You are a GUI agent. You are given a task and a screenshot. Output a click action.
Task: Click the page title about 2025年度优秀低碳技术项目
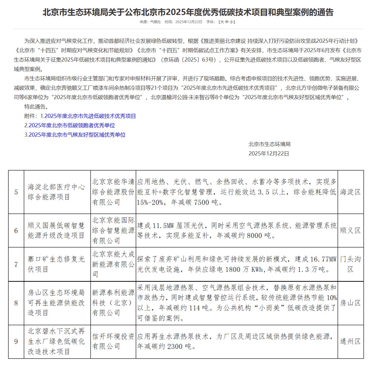(x=188, y=12)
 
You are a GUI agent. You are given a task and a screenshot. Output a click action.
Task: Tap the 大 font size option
(x=222, y=22)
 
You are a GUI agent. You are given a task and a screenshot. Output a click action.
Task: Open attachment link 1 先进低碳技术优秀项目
(x=90, y=116)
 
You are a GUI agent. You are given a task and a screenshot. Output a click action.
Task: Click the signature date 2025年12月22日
(x=269, y=154)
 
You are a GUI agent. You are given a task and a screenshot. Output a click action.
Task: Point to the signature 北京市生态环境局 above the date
(x=269, y=144)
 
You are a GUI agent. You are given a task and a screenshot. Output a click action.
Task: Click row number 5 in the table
(x=16, y=192)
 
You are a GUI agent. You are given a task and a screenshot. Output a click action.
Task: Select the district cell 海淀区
(x=350, y=192)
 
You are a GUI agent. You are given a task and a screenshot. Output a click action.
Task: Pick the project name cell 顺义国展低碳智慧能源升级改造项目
(x=56, y=231)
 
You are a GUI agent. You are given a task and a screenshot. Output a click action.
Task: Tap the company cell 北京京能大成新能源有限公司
(x=113, y=264)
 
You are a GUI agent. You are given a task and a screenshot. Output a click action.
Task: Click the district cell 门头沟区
(x=350, y=264)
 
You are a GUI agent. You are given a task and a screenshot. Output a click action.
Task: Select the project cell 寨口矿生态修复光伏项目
(x=56, y=264)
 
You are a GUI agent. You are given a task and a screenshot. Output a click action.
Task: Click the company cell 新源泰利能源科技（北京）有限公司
(x=113, y=303)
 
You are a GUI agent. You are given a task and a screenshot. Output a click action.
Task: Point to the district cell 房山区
(x=350, y=303)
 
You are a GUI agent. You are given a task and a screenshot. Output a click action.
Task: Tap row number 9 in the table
(x=16, y=342)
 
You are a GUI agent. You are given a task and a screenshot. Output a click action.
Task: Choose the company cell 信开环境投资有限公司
(x=113, y=342)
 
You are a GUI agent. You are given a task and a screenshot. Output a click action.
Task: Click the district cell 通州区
(x=350, y=342)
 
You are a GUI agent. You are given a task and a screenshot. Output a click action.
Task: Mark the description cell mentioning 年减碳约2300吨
(x=236, y=342)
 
